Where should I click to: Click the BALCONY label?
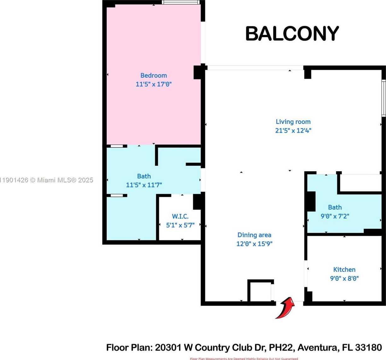coord(292,33)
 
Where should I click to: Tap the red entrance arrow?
coord(285,308)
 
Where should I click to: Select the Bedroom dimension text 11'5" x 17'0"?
coord(154,84)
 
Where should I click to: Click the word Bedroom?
coord(154,76)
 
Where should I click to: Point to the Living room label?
coord(293,122)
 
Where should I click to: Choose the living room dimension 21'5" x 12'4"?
coord(293,130)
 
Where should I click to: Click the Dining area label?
coord(254,235)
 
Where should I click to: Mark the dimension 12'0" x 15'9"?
coord(254,244)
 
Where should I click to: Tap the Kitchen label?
coord(344,270)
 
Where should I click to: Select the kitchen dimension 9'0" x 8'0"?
coord(344,278)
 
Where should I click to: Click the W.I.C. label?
coord(180,216)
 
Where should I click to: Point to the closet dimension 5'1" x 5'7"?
coord(180,225)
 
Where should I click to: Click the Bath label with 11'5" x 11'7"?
coord(144,176)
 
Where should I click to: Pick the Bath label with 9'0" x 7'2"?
coord(335,207)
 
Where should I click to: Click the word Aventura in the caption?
coord(318,348)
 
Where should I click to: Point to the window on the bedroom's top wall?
coord(181,2)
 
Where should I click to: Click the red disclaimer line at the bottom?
coord(244,358)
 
